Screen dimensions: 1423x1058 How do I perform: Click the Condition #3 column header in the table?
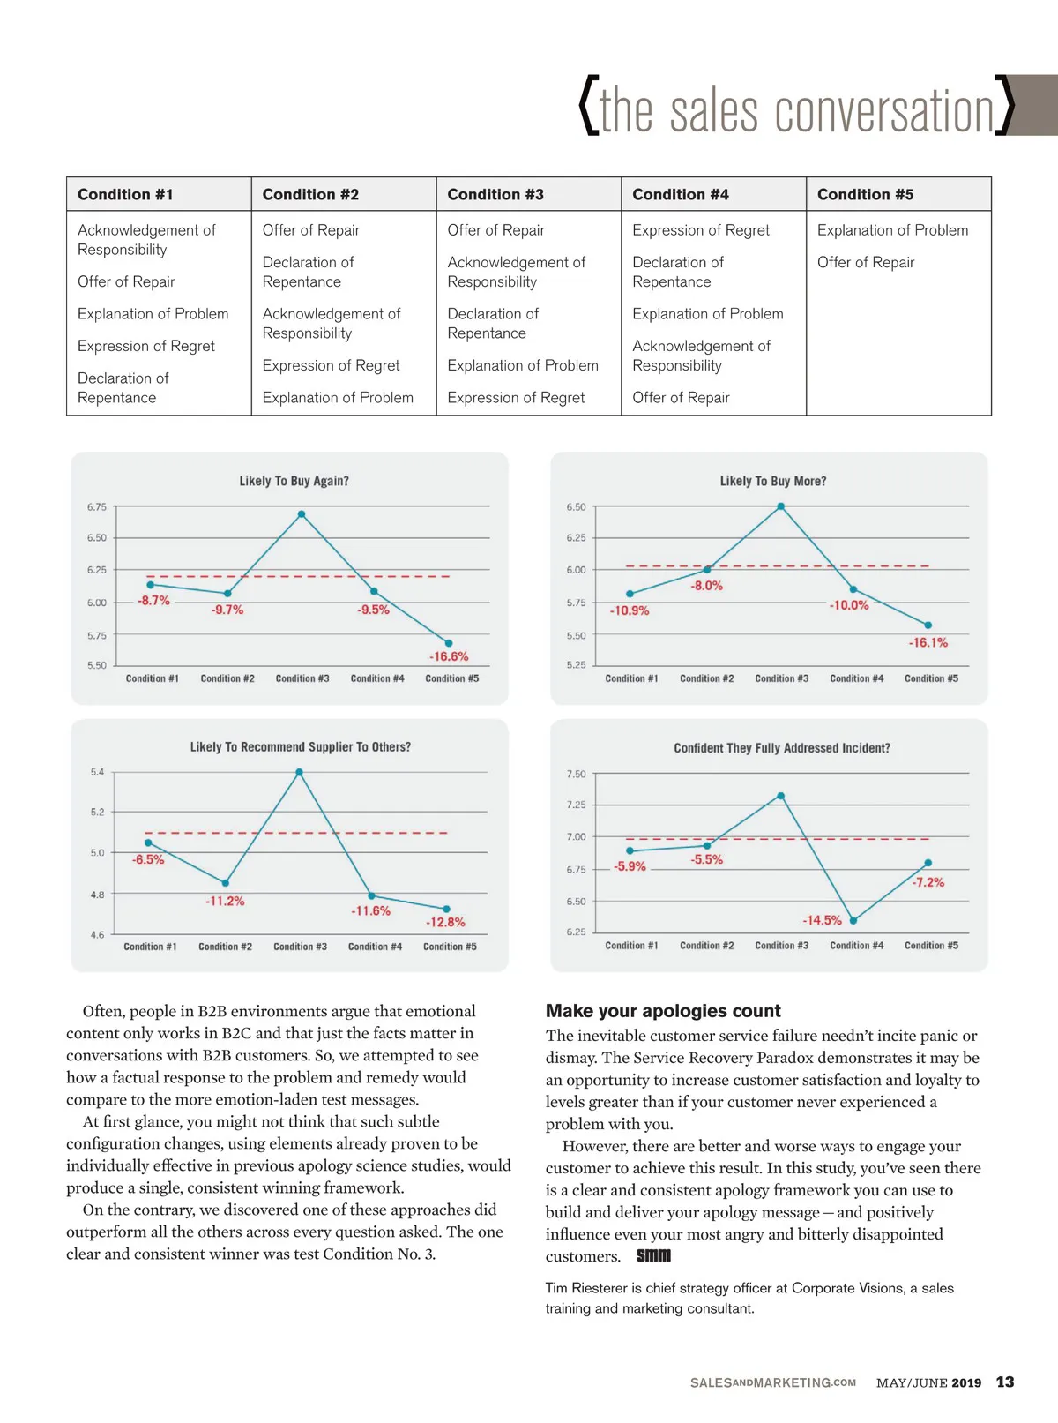[x=495, y=194]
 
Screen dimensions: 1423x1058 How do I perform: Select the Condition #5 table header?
[x=865, y=194]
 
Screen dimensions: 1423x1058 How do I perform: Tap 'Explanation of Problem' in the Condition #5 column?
[x=892, y=230]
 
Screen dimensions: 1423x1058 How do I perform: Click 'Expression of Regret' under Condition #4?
[x=701, y=230]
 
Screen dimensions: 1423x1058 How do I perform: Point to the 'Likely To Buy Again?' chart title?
[x=294, y=481]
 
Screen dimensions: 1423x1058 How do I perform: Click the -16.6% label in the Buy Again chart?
[x=449, y=656]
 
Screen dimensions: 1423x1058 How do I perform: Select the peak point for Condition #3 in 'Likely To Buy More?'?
[x=780, y=506]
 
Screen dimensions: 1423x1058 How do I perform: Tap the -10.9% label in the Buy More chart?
[x=630, y=610]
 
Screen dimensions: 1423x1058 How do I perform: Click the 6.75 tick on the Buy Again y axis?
[x=97, y=507]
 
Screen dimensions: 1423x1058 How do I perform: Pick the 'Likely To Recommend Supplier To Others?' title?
[x=301, y=747]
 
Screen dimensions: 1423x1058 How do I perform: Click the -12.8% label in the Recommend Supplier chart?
[x=445, y=922]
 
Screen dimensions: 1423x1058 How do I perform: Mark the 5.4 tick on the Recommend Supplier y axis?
[x=97, y=772]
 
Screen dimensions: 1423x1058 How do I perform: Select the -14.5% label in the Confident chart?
[x=822, y=920]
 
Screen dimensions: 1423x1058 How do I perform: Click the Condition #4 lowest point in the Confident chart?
[x=853, y=920]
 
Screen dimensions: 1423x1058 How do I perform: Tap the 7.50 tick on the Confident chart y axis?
[x=576, y=774]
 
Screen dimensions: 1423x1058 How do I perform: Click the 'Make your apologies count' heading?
[x=663, y=1011]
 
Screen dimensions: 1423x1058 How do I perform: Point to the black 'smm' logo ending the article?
[x=653, y=1255]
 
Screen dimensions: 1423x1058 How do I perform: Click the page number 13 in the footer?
[x=1005, y=1382]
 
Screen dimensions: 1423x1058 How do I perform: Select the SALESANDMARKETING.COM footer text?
[x=772, y=1382]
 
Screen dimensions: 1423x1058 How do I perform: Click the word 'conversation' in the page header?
[x=884, y=112]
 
